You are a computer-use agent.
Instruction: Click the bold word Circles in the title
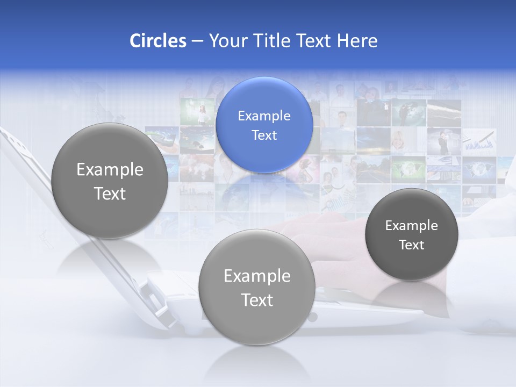pos(157,41)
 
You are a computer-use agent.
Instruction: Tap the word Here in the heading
pos(357,41)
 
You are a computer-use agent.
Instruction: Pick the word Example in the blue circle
pos(264,116)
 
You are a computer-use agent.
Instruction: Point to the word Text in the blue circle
pos(264,135)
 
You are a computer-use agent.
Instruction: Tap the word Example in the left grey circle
pos(110,170)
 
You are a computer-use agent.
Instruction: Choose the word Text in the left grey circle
pos(110,193)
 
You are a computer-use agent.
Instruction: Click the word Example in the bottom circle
pos(257,276)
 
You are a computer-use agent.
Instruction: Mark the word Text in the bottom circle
pos(257,300)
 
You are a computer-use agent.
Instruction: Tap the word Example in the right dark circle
pos(411,226)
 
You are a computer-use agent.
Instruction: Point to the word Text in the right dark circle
pos(411,245)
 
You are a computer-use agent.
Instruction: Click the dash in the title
pos(197,41)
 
